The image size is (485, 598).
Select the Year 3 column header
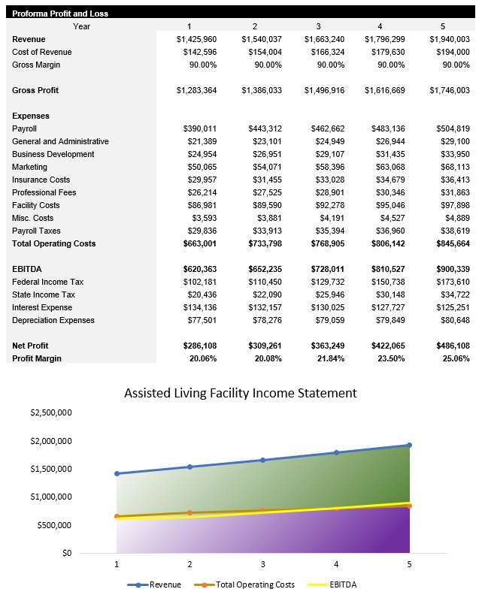tap(317, 26)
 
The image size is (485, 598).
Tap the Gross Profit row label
tap(36, 90)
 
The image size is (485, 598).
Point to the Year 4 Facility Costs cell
tap(386, 205)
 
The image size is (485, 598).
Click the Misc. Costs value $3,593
tap(201, 218)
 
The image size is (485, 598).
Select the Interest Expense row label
tap(42, 307)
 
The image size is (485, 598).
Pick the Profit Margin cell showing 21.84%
tap(327, 358)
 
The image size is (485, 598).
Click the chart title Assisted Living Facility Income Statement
tap(240, 393)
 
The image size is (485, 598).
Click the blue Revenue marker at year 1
tap(117, 473)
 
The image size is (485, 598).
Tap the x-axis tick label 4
tap(336, 563)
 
